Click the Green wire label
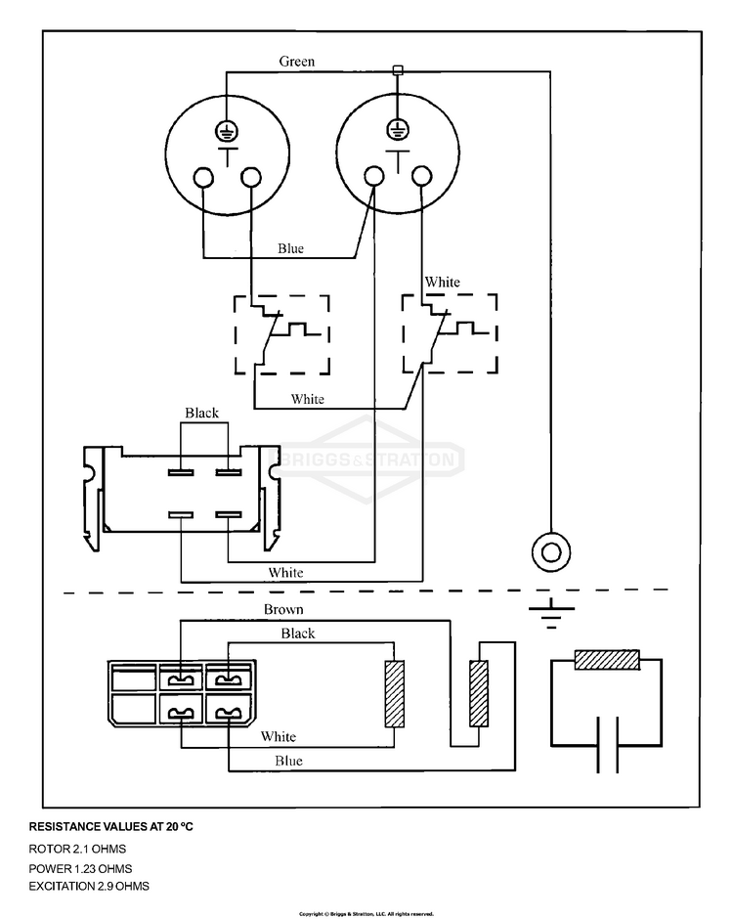point(296,62)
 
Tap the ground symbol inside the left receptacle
point(227,130)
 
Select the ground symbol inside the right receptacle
point(398,129)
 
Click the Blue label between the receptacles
point(290,248)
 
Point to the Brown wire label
point(283,609)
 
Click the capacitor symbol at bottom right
point(607,745)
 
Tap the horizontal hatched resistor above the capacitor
point(607,660)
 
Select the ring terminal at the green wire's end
point(551,551)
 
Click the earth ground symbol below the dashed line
point(551,613)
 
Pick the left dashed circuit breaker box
point(281,334)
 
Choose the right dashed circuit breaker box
point(450,333)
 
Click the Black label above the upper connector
point(201,414)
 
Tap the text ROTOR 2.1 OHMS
point(77,850)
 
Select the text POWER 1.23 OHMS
point(80,868)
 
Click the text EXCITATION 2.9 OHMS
point(89,886)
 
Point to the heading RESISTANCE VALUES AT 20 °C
point(110,827)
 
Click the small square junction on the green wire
point(398,70)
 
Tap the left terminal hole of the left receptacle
point(204,177)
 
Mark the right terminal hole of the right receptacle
point(421,176)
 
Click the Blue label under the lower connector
point(289,762)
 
